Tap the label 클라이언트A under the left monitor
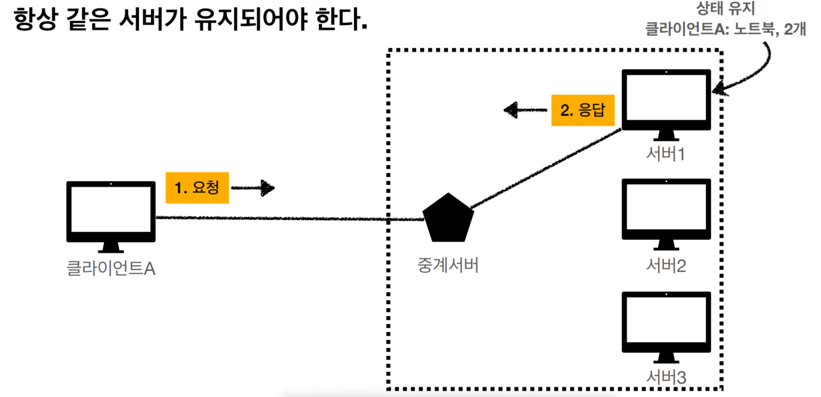[111, 268]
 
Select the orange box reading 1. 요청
[197, 188]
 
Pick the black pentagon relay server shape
[448, 218]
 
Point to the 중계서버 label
[448, 265]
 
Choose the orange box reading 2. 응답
[583, 110]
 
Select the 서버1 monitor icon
[666, 101]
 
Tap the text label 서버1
[666, 154]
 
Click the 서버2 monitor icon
[666, 212]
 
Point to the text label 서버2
[666, 266]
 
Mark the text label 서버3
[666, 377]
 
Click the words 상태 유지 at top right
[725, 9]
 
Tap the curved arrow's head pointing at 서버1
[718, 91]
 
